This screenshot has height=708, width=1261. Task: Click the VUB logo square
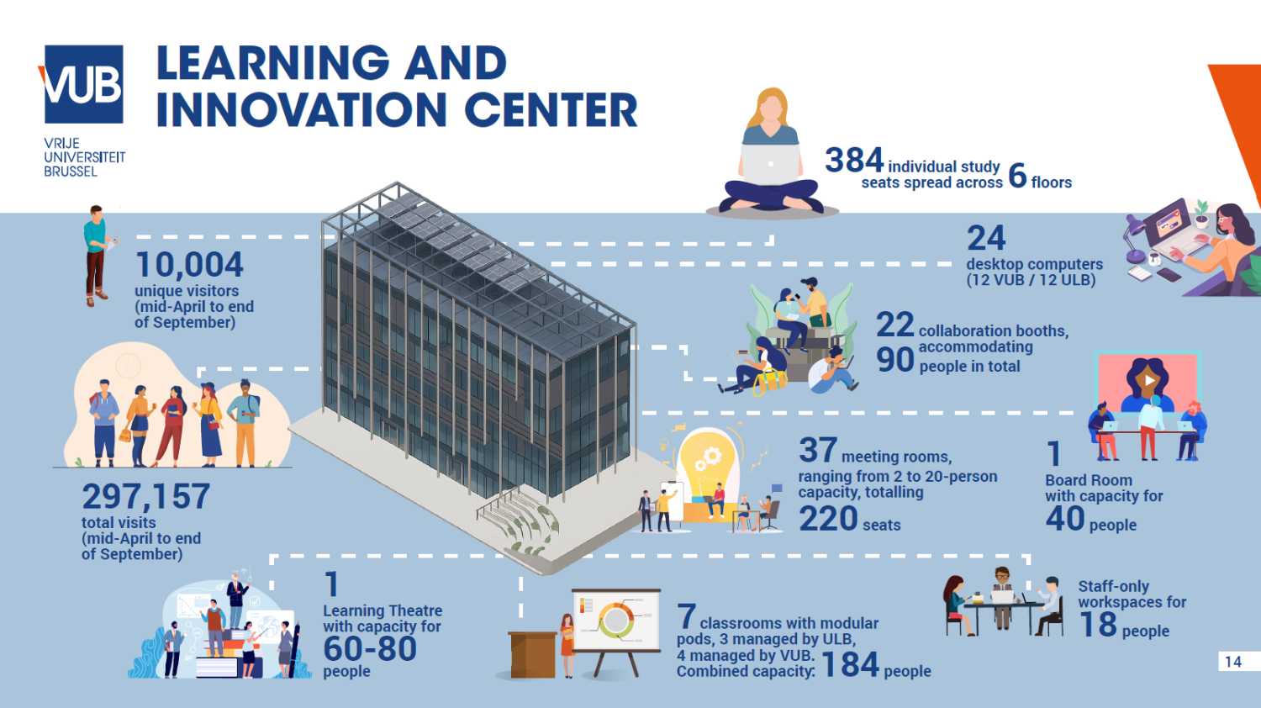tap(83, 84)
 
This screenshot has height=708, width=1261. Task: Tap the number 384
tap(854, 160)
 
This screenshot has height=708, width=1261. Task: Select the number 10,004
tap(189, 265)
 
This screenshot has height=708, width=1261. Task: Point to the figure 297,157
tap(146, 496)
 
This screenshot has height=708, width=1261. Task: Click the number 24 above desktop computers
tap(986, 238)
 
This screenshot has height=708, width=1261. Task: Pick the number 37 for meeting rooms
tap(817, 451)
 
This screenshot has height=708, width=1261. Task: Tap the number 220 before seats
tap(828, 519)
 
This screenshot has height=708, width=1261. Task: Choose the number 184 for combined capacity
tap(850, 664)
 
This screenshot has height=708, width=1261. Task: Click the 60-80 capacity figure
tap(370, 648)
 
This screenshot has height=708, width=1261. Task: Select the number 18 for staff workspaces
tap(1098, 625)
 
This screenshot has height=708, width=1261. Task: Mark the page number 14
tap(1233, 662)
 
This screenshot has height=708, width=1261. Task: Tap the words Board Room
tap(1089, 480)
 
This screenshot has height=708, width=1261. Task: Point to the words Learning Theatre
tap(383, 610)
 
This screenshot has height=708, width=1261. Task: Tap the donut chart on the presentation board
tap(616, 621)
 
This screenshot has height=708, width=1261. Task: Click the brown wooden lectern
tap(533, 654)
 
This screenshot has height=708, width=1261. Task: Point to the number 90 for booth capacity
tap(894, 360)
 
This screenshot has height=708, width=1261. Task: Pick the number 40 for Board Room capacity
tap(1065, 519)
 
